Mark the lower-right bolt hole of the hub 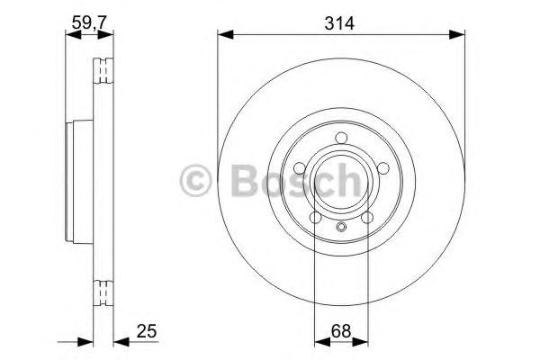tap(368, 217)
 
